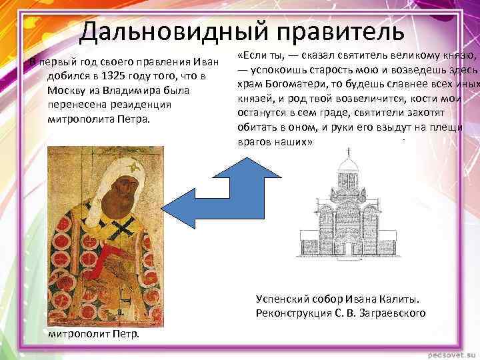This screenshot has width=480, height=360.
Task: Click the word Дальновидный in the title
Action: tap(172, 32)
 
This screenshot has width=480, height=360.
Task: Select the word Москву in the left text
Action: tap(65, 90)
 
